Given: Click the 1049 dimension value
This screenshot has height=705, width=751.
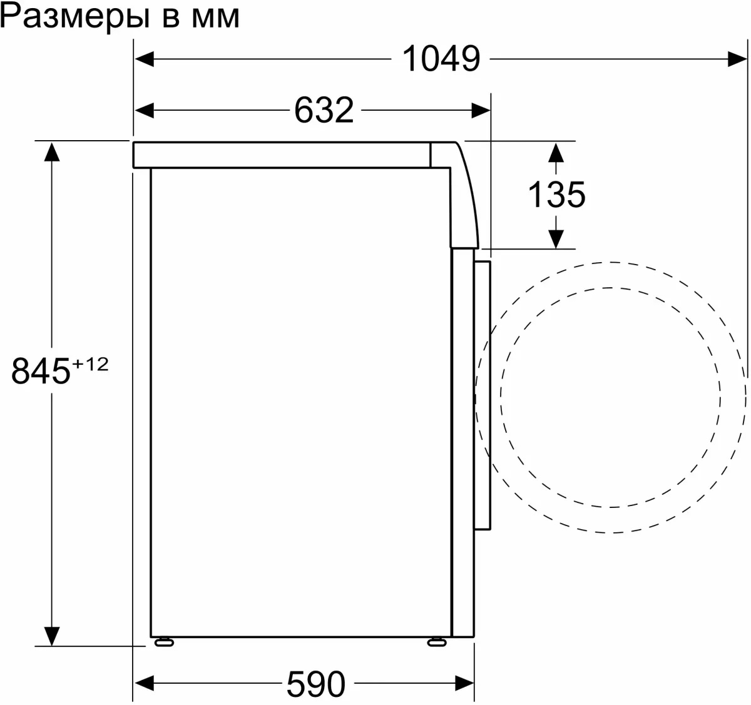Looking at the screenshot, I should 441,59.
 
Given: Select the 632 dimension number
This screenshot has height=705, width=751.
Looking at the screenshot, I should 324,111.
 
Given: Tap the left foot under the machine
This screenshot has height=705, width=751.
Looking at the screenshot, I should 164,641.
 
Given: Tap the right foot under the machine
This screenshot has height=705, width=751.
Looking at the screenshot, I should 436,641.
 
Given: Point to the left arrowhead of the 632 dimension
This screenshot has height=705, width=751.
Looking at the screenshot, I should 145,111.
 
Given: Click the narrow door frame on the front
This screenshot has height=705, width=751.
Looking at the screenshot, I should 482,394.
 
